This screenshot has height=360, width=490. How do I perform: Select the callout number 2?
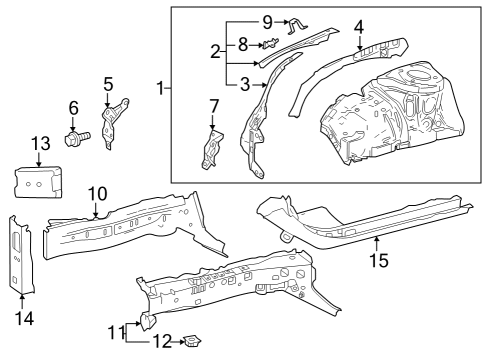(214, 50)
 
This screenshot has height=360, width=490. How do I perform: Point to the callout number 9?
(267, 21)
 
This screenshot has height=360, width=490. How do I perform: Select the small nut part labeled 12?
(190, 343)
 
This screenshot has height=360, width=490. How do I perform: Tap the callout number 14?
(23, 318)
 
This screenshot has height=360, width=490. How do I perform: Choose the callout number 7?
(213, 106)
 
